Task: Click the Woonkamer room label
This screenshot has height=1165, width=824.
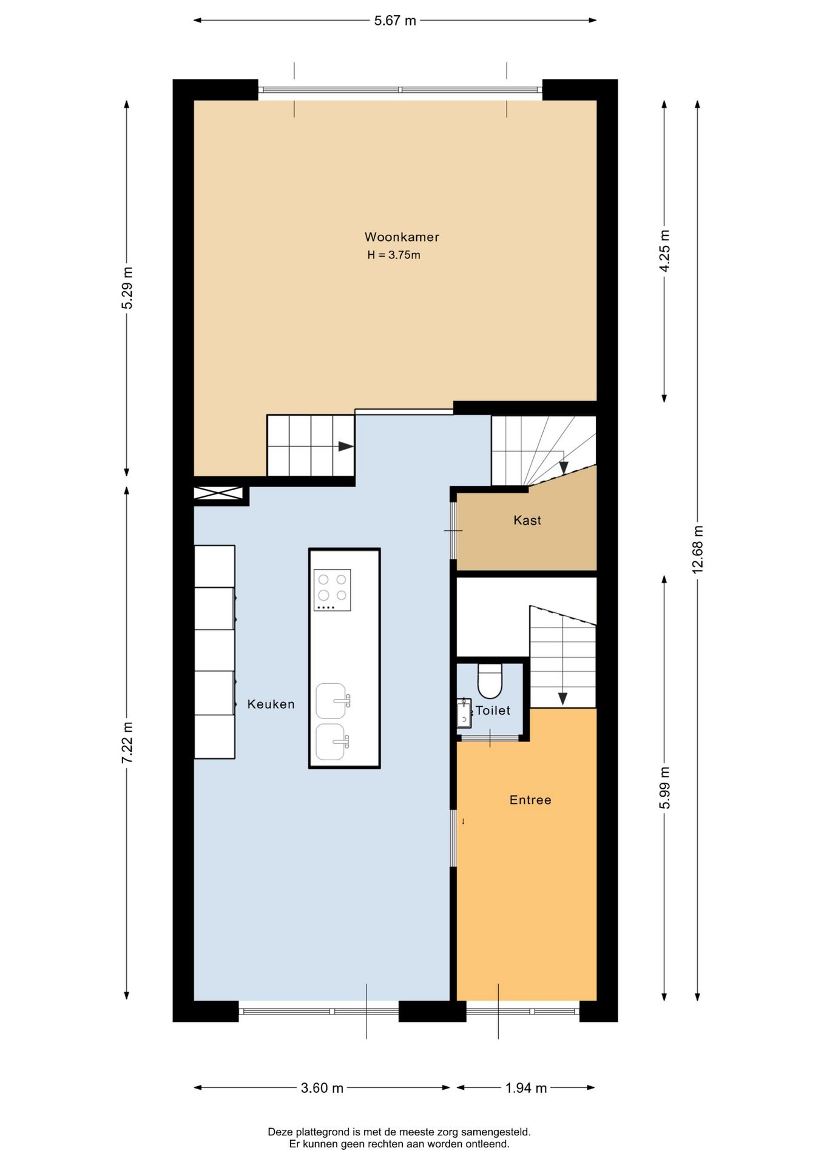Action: coord(402,237)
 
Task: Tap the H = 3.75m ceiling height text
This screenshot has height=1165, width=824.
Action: coord(394,255)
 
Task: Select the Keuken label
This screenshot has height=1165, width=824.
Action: coord(271,704)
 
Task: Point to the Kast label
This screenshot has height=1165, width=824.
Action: coord(527,520)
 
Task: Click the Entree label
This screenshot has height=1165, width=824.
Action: coord(530,800)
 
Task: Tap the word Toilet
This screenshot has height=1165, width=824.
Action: coord(493,711)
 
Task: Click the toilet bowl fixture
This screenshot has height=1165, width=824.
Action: coord(490,681)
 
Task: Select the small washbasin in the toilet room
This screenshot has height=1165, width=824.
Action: coord(464,713)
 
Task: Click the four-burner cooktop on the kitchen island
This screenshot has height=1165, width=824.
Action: coord(332,590)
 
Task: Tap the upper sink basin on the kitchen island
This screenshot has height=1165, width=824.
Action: coord(333,701)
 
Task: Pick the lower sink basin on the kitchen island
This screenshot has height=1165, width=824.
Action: coord(333,742)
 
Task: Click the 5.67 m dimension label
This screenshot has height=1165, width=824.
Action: coord(395,21)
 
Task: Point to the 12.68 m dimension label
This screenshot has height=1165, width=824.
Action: coord(698,549)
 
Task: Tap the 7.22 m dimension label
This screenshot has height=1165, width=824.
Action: coord(127,743)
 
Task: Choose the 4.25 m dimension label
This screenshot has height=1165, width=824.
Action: coord(664,251)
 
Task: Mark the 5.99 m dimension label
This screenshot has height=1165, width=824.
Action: coord(664,788)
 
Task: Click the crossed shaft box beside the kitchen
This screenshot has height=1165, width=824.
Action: coord(218,493)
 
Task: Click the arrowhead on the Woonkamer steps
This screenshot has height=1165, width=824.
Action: coord(346,447)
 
